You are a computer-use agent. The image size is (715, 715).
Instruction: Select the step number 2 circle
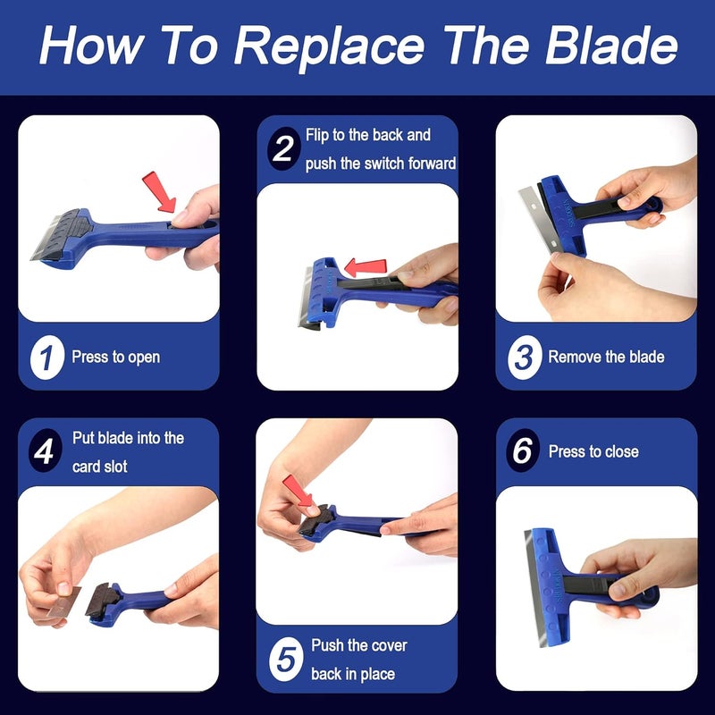283,149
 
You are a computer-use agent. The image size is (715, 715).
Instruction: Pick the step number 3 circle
523,357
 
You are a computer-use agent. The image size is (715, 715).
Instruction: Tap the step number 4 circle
45,452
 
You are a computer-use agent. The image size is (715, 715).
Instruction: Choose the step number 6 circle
522,451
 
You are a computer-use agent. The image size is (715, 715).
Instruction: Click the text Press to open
116,357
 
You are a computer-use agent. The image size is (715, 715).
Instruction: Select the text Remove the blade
606,357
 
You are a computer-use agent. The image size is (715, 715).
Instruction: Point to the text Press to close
593,451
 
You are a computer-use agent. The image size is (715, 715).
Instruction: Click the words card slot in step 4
100,467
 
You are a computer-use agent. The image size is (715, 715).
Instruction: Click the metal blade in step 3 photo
534,206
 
